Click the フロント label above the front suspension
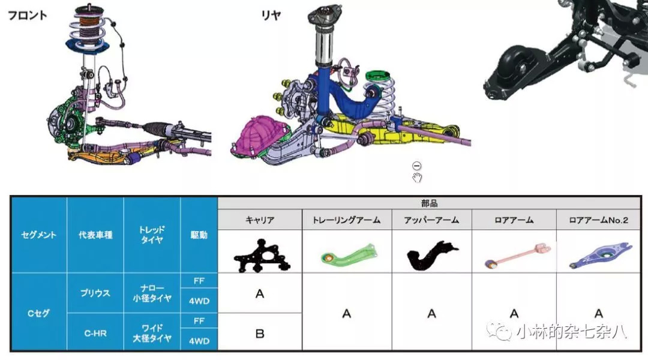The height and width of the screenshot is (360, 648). pos(27,15)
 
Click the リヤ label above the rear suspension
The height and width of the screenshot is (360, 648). pos(271,15)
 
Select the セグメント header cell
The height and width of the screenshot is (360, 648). pos(38,235)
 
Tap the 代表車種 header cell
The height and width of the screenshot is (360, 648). pos(95,235)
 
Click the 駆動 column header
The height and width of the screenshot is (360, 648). pos(199,235)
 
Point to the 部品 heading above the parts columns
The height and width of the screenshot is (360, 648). pos(430,203)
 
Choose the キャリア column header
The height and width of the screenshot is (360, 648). pos(260,220)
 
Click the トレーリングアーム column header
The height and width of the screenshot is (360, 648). pos(347,220)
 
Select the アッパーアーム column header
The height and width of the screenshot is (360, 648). pos(431,220)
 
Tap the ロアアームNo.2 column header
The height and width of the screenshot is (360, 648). pos(598,220)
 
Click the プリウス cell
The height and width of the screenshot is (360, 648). pos(95,293)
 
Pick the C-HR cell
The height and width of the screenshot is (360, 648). pos(95,333)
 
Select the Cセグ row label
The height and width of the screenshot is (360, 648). pos(38,313)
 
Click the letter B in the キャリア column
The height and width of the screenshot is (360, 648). pos(260,334)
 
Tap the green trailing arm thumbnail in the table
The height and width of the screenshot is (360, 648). pos(349,254)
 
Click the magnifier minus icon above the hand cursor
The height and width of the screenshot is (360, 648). pos(416,166)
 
